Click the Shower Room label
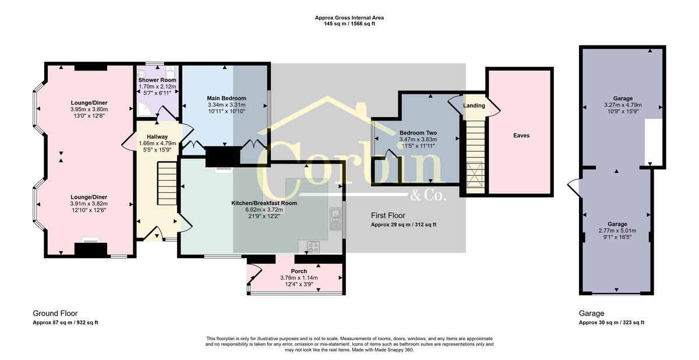tap(157, 80)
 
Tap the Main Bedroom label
tap(227, 98)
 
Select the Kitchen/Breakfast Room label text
tap(264, 203)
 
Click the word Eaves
tap(521, 136)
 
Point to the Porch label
tap(299, 271)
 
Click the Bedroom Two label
tap(418, 133)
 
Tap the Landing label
tap(474, 106)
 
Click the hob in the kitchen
tap(313, 247)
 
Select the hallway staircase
tap(167, 182)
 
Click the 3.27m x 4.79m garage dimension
tap(622, 105)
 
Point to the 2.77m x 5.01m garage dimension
tap(617, 231)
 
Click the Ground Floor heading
tap(55, 313)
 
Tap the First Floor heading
tap(389, 216)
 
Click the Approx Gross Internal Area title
tap(349, 18)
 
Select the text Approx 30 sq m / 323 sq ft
tap(611, 322)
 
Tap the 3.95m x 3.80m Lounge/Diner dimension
tap(89, 109)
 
